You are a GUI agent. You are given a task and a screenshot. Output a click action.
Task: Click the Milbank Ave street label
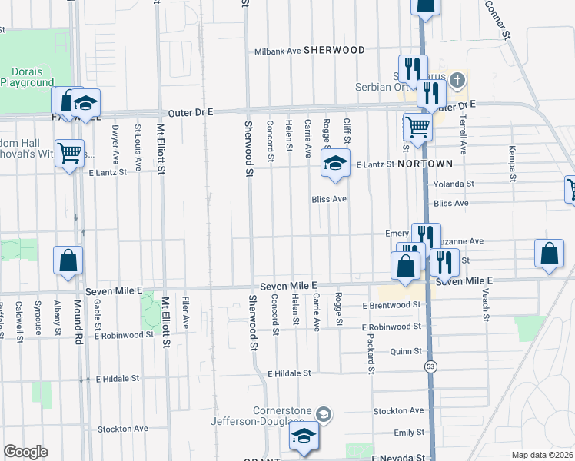[278, 52]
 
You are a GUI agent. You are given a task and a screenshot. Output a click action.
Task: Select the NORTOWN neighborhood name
[425, 164]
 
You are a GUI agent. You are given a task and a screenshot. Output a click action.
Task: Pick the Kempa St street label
[511, 164]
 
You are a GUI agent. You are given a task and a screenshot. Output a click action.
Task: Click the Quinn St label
[407, 351]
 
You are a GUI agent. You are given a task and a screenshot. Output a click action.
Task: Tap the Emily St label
[408, 433]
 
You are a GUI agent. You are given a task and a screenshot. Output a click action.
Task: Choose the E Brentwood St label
[392, 305]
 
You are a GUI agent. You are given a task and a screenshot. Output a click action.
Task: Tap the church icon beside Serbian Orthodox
[457, 79]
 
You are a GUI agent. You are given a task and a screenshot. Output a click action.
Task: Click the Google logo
[25, 452]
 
